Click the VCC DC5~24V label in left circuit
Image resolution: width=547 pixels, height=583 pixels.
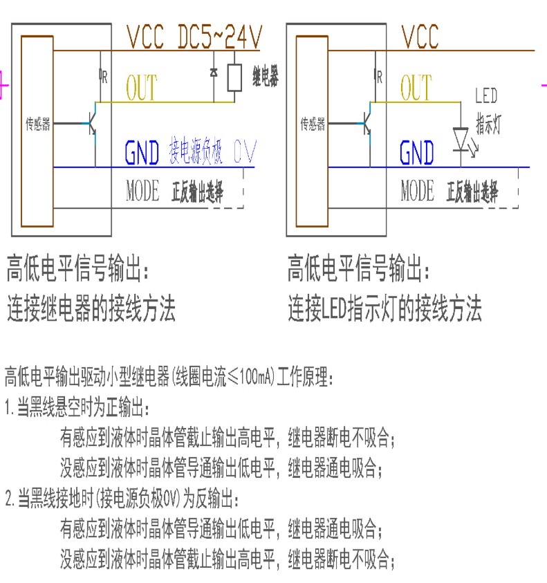[194, 37]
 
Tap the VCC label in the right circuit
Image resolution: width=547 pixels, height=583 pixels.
[420, 37]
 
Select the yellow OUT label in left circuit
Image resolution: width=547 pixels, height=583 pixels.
[141, 89]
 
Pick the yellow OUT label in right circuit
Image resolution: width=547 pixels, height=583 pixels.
[416, 89]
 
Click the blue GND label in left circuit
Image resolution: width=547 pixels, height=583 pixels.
[142, 154]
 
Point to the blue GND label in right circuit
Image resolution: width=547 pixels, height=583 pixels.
[417, 154]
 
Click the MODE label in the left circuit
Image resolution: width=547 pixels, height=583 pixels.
[142, 191]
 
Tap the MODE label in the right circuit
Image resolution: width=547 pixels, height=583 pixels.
[417, 191]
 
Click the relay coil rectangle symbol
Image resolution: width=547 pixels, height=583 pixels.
[235, 78]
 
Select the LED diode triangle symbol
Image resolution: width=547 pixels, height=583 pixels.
[461, 136]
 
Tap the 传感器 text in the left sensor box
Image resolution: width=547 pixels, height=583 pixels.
[38, 125]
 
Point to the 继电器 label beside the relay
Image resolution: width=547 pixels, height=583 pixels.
[265, 77]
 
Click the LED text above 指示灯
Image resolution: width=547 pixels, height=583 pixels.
[485, 96]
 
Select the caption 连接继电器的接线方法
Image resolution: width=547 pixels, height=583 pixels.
[91, 309]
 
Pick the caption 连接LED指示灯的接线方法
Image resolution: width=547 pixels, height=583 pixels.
[384, 309]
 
